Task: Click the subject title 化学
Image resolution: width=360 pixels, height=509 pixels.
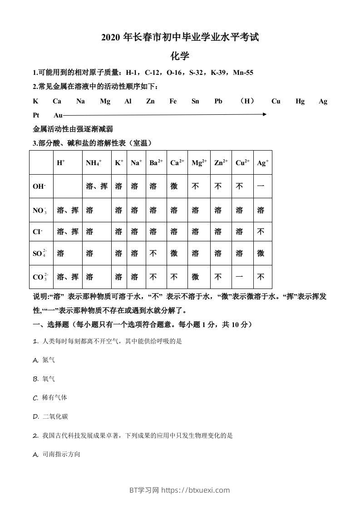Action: (x=180, y=56)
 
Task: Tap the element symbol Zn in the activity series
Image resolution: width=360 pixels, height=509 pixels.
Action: (x=150, y=102)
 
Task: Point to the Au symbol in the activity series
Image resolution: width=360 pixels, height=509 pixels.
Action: (x=58, y=115)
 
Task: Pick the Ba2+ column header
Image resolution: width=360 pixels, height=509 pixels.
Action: (x=156, y=163)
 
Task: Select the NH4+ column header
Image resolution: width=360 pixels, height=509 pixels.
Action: (x=94, y=163)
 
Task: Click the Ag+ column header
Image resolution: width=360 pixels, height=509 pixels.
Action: (x=263, y=163)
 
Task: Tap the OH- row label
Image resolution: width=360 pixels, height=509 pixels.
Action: (x=39, y=186)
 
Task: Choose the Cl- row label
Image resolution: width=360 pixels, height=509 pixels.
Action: (x=38, y=232)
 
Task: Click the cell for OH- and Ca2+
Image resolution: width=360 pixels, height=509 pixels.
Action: (x=174, y=186)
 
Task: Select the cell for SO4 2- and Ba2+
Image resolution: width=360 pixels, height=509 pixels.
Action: (x=153, y=254)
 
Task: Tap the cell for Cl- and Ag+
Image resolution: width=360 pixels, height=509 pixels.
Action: (x=261, y=232)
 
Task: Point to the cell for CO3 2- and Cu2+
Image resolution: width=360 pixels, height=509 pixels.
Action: (x=239, y=277)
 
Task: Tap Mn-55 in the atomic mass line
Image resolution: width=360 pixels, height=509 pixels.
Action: (x=243, y=73)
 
